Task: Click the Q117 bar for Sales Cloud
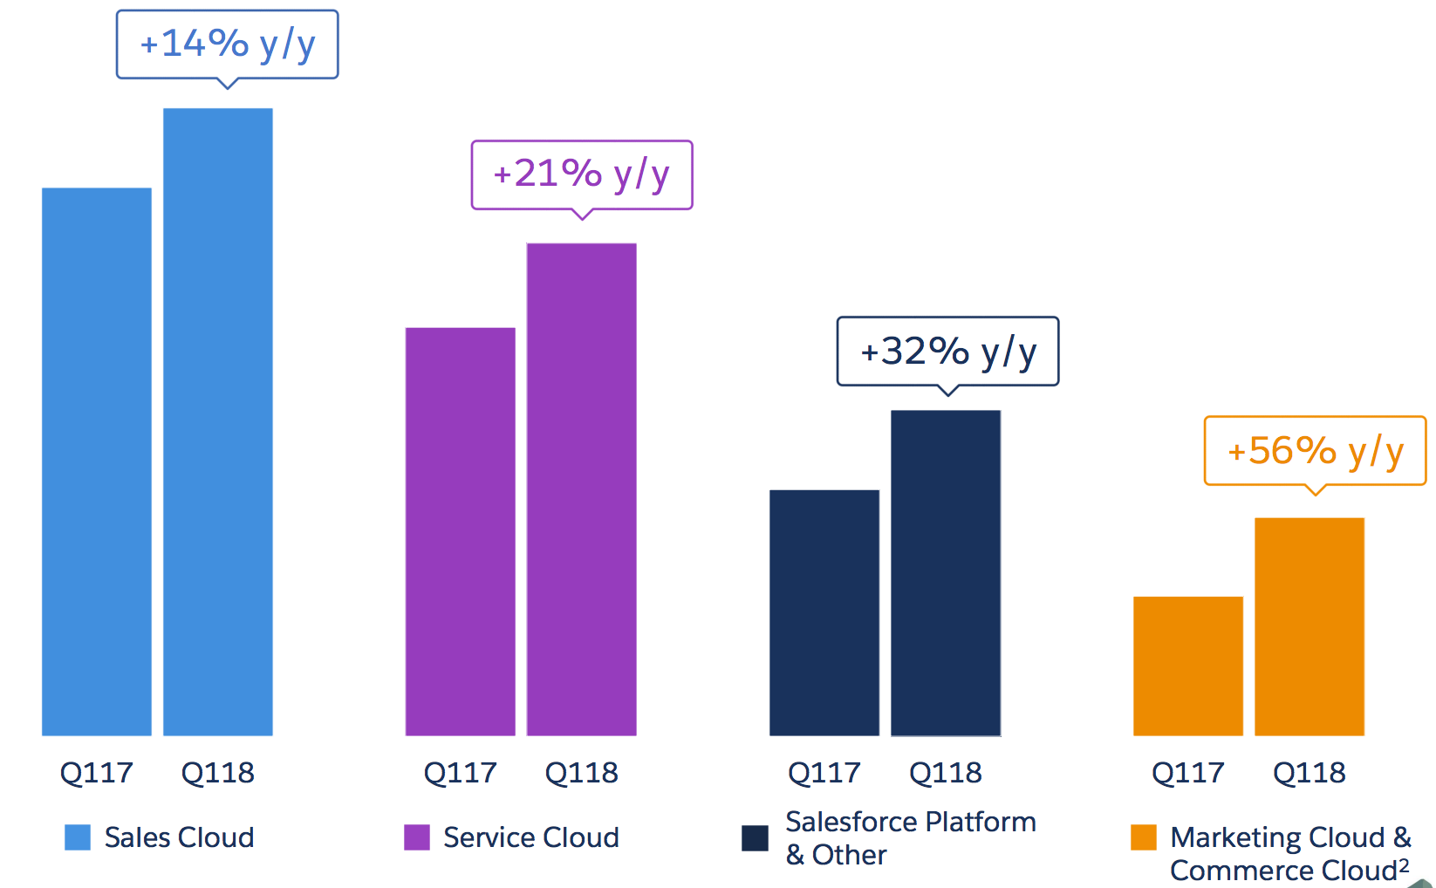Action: [x=97, y=461]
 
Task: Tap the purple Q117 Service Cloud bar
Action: [x=461, y=531]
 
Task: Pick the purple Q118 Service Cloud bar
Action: [x=582, y=488]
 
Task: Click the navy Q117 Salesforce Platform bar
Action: [x=824, y=612]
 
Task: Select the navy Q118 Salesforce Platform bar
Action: [x=946, y=572]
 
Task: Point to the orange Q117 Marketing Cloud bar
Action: [x=1188, y=666]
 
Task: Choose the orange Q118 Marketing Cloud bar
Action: [x=1309, y=626]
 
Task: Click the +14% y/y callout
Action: [x=228, y=44]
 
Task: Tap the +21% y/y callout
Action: [x=582, y=174]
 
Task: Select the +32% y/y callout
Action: [x=948, y=352]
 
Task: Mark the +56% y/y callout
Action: [x=1316, y=451]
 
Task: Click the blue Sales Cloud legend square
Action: [x=78, y=837]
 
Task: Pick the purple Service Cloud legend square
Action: [x=417, y=837]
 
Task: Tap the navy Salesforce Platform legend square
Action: [x=755, y=838]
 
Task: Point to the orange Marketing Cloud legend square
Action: [x=1144, y=837]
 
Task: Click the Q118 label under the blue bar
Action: [x=218, y=773]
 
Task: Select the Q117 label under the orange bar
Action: [x=1188, y=773]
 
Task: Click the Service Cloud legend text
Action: [x=531, y=837]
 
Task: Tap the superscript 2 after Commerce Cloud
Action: [x=1404, y=864]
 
